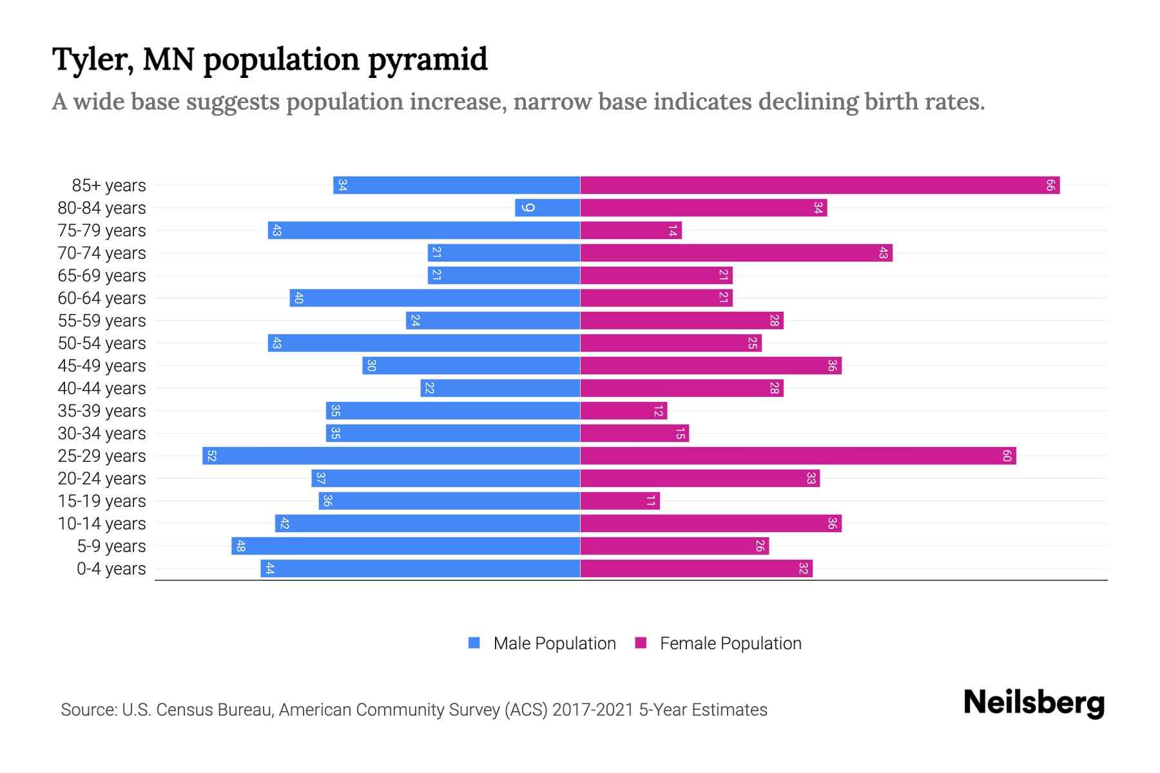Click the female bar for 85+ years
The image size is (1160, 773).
pyautogui.click(x=820, y=186)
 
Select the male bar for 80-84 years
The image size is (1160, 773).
pyautogui.click(x=548, y=208)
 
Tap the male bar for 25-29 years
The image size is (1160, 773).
pyautogui.click(x=391, y=456)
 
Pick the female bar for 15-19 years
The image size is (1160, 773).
pyautogui.click(x=620, y=501)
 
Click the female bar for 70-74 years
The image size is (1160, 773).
pyautogui.click(x=736, y=253)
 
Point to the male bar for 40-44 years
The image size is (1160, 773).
pyautogui.click(x=500, y=388)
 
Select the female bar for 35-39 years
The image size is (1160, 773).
pyautogui.click(x=624, y=411)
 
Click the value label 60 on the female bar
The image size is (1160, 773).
pyautogui.click(x=1007, y=456)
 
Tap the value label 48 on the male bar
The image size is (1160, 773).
pyautogui.click(x=240, y=546)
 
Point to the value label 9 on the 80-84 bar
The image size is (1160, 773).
pyautogui.click(x=528, y=208)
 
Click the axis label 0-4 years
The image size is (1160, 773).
pyautogui.click(x=111, y=569)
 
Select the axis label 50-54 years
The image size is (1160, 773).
pyautogui.click(x=102, y=343)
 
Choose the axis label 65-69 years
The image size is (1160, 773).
pyautogui.click(x=102, y=276)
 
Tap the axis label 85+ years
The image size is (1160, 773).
pyautogui.click(x=109, y=186)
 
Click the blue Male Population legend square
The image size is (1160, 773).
pyautogui.click(x=474, y=643)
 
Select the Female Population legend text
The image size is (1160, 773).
pyautogui.click(x=730, y=644)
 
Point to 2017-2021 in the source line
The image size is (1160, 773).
pyautogui.click(x=593, y=710)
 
